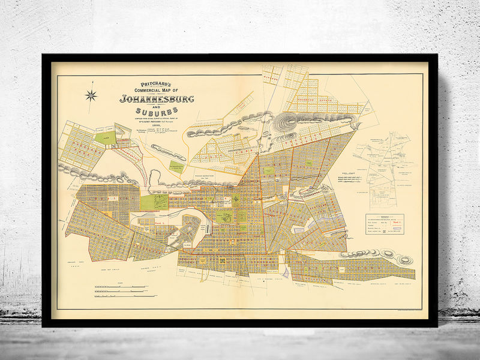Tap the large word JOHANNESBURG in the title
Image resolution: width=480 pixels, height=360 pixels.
tap(156, 99)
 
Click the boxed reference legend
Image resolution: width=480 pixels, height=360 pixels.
tap(385, 222)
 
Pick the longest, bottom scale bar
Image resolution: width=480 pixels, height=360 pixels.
tap(120, 298)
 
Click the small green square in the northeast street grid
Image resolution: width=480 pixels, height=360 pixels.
tap(269, 172)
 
